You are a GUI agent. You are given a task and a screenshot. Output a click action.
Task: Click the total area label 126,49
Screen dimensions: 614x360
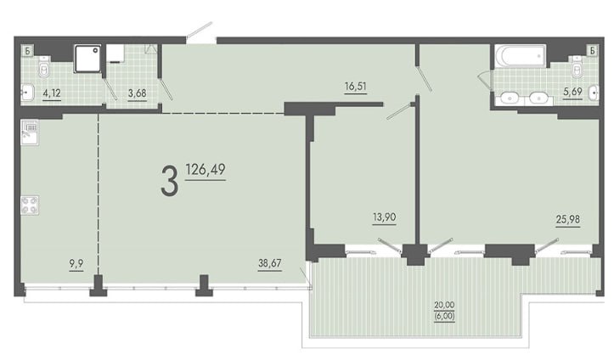click(x=206, y=170)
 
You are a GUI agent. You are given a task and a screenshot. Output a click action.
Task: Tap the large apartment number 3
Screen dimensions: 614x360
click(x=170, y=181)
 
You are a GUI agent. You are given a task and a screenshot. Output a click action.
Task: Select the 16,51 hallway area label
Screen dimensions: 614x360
click(x=356, y=86)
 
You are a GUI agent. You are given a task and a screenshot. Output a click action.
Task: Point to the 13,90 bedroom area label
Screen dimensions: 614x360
click(x=385, y=217)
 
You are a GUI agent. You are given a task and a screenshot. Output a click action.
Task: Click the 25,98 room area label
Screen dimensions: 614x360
click(x=568, y=220)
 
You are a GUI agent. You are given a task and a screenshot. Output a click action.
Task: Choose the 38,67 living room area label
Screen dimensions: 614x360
click(x=270, y=263)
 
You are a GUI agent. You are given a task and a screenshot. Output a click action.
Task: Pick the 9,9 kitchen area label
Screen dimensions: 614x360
click(x=76, y=264)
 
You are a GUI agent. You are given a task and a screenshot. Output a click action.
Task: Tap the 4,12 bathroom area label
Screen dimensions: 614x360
click(x=52, y=93)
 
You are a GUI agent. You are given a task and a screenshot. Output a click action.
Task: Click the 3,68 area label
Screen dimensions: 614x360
click(x=138, y=93)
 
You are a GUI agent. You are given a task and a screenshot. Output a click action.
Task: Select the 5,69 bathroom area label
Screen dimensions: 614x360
click(x=572, y=92)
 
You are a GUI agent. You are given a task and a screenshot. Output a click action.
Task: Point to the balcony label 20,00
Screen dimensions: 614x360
click(x=444, y=305)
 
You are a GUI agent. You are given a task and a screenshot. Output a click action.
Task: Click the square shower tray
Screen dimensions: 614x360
click(x=87, y=59)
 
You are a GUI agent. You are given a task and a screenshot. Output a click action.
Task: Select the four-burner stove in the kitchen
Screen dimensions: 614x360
click(x=30, y=205)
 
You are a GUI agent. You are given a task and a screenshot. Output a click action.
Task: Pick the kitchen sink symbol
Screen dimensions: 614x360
click(x=30, y=132)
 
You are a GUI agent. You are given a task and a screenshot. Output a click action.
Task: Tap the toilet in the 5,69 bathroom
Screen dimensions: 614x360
click(x=577, y=66)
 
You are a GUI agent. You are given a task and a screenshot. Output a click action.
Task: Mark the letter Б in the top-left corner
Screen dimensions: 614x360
click(x=27, y=50)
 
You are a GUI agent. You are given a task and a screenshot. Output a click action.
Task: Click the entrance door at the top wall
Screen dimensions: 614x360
click(x=200, y=32)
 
